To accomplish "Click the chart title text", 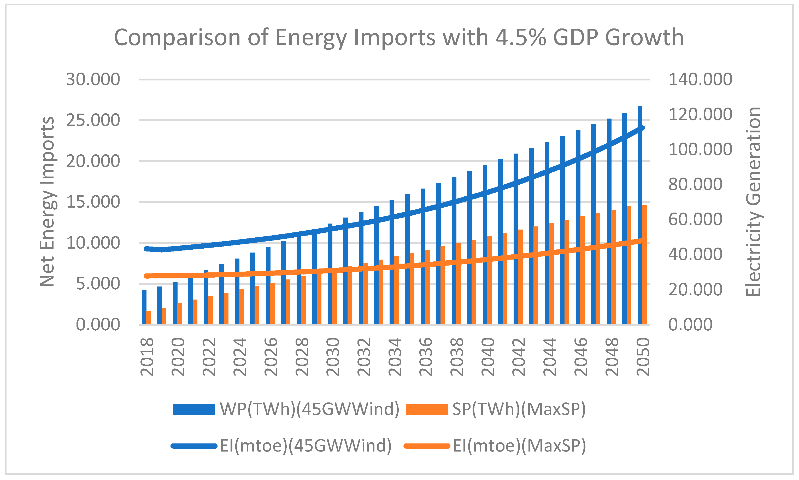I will pos(399,38).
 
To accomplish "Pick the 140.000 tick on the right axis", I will pos(700,79).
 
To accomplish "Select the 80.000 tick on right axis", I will pos(695,184).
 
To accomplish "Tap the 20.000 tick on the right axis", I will pos(695,289).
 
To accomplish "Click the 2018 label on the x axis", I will pos(147,356).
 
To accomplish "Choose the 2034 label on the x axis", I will pos(395,356).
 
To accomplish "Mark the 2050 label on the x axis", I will pos(643,356).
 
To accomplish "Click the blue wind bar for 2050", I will pos(640,226).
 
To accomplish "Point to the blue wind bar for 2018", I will pos(144,307).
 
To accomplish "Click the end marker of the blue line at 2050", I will pos(643,128).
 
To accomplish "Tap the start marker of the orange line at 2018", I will pos(147,276).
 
